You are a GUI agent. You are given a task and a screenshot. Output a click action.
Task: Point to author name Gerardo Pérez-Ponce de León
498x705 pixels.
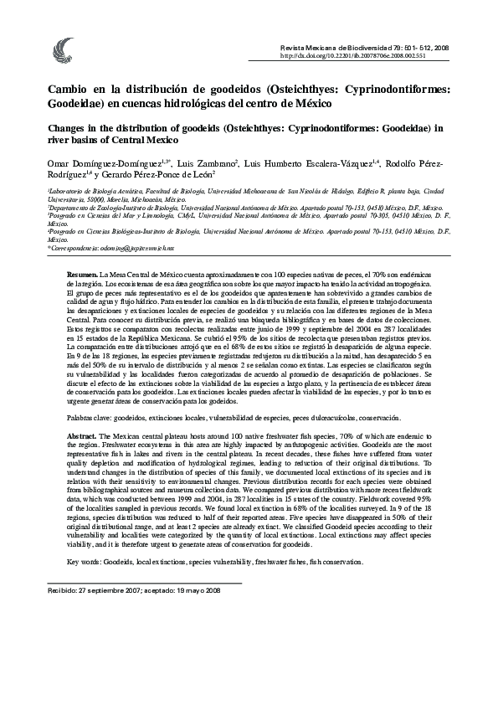pyautogui.click(x=179, y=173)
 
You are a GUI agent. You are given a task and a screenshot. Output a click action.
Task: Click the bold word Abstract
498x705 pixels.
pyautogui.click(x=82, y=438)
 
